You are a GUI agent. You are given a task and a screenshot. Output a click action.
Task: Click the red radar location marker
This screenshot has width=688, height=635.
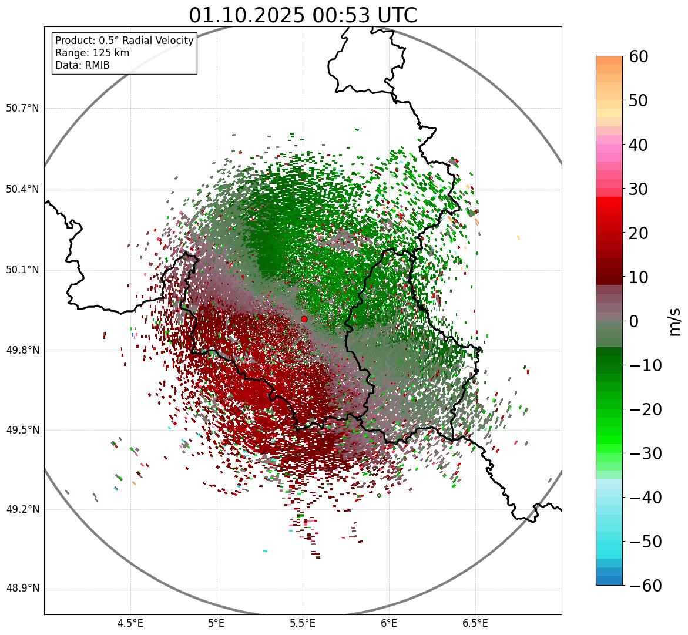(304, 319)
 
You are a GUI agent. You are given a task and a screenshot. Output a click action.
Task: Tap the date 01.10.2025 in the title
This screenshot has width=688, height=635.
(246, 15)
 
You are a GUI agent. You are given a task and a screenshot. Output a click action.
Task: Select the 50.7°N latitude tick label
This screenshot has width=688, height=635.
(22, 109)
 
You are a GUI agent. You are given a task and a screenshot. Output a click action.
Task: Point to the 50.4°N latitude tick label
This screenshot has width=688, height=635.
(22, 190)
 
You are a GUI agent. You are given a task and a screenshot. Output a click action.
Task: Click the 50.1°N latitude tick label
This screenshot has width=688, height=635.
(22, 270)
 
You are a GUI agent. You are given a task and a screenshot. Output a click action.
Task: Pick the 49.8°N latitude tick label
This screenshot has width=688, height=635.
(22, 351)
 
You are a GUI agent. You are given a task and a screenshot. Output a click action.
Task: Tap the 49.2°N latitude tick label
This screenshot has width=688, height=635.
(22, 509)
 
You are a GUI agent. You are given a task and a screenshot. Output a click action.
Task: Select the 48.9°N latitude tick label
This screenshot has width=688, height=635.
(22, 589)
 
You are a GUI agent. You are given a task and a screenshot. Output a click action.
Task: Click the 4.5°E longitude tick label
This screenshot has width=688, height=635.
(130, 623)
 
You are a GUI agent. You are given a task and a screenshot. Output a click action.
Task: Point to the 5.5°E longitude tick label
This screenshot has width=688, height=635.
(303, 623)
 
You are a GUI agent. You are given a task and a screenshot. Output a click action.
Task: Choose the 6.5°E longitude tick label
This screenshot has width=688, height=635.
(475, 623)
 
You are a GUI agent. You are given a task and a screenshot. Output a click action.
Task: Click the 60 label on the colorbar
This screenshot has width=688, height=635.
(638, 56)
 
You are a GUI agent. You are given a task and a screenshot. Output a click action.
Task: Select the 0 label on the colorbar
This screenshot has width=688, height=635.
(634, 321)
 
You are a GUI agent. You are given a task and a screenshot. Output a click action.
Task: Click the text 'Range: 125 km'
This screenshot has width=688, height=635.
(92, 53)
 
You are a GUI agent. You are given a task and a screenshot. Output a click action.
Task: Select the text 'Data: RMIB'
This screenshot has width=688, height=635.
(82, 65)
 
